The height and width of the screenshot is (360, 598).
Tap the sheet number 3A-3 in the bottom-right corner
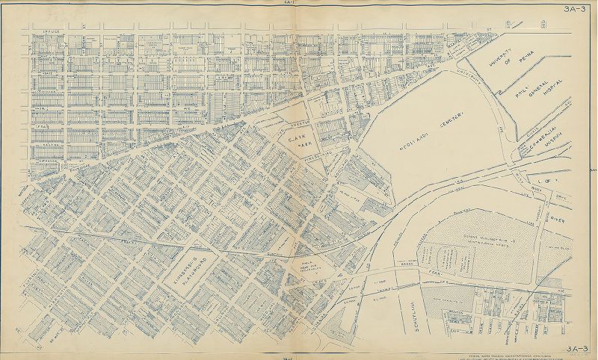point(579,347)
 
